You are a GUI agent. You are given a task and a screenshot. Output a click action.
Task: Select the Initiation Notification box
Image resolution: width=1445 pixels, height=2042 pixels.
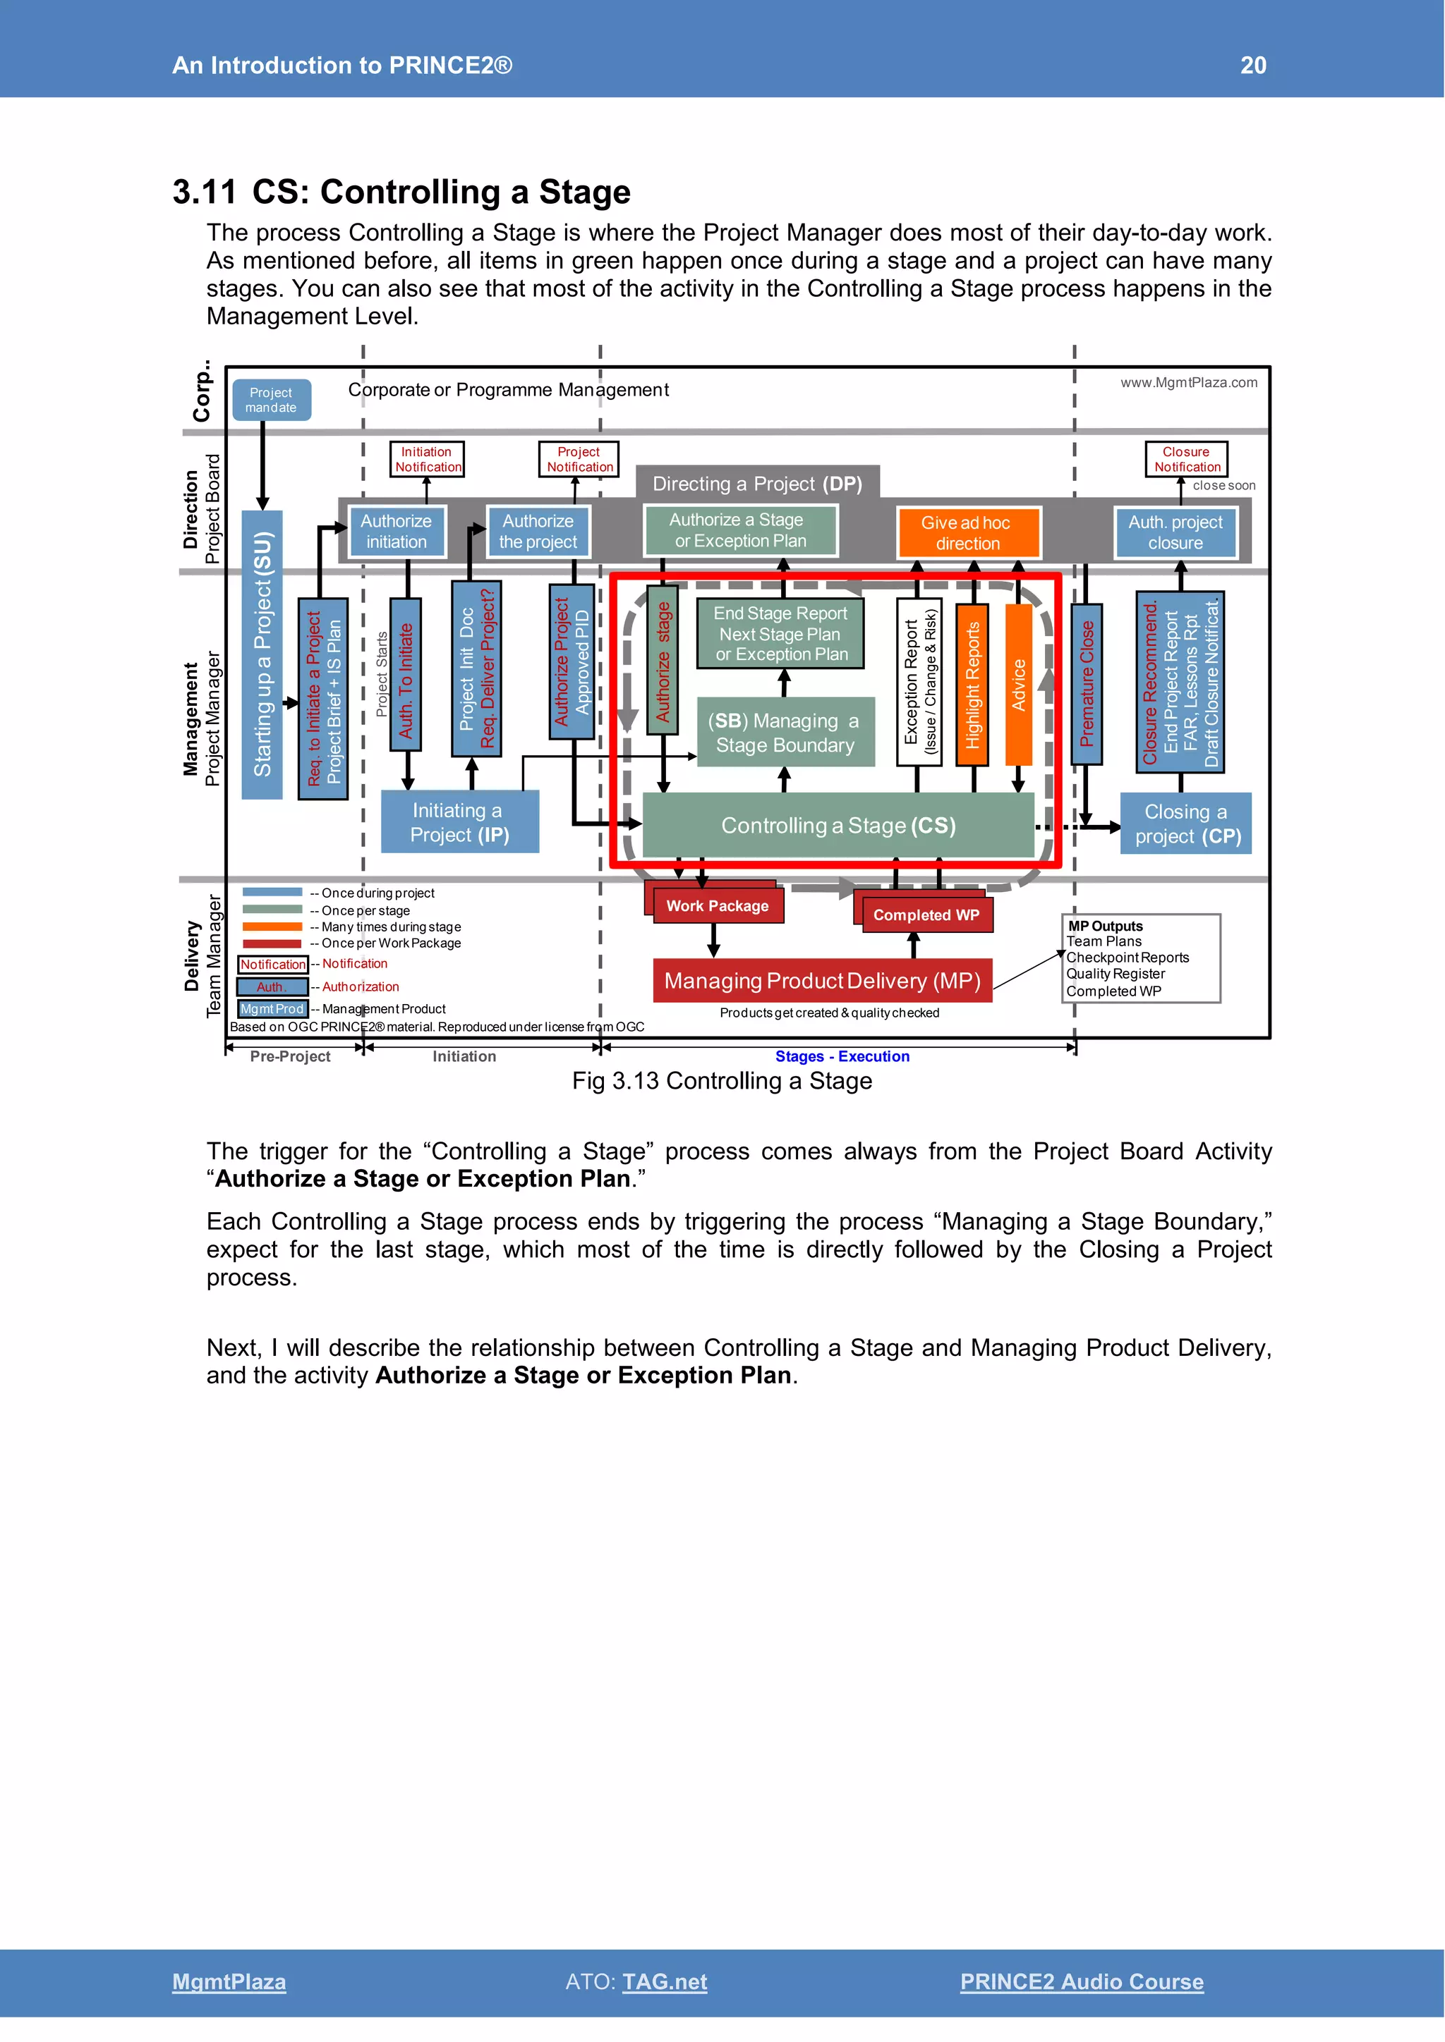pos(427,459)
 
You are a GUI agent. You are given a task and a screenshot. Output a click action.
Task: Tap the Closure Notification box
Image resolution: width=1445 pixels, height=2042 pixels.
pos(1185,459)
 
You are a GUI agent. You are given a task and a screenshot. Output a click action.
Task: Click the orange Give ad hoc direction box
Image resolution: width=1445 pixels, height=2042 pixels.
pos(967,533)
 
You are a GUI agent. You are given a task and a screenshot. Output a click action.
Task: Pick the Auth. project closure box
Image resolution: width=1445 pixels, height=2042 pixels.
pos(1175,532)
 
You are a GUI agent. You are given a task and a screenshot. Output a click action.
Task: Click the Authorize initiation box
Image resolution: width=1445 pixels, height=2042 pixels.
pos(396,531)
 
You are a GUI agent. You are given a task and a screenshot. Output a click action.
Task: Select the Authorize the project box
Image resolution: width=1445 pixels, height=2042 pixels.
pos(538,531)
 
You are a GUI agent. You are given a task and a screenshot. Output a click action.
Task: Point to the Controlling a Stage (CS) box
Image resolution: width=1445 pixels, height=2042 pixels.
pos(838,826)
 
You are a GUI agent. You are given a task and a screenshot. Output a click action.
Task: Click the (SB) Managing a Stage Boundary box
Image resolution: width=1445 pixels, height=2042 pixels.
pos(785,732)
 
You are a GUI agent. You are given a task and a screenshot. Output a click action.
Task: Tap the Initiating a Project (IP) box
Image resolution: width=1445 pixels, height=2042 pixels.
pos(459,821)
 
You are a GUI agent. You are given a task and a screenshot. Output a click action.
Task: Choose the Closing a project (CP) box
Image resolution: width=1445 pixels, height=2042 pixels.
pos(1185,824)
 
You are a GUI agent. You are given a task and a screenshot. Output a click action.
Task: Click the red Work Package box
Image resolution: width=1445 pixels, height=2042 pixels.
pos(717,905)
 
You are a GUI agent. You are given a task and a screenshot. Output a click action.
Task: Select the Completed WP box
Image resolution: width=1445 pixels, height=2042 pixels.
pos(926,915)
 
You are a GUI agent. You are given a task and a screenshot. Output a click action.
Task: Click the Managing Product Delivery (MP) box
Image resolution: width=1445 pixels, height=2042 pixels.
pos(822,980)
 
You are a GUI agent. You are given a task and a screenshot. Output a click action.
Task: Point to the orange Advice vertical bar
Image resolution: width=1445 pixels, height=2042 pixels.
pos(1018,684)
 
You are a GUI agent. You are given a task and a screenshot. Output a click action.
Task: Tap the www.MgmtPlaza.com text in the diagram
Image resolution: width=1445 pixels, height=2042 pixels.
pos(1188,382)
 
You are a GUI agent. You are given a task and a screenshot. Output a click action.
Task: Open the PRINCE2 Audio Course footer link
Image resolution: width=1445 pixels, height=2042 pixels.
pos(1081,1981)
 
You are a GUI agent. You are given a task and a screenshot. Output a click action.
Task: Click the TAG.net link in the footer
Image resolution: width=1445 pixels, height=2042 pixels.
pos(665,1981)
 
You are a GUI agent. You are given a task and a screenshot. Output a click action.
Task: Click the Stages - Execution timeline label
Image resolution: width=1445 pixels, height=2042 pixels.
pos(842,1056)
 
